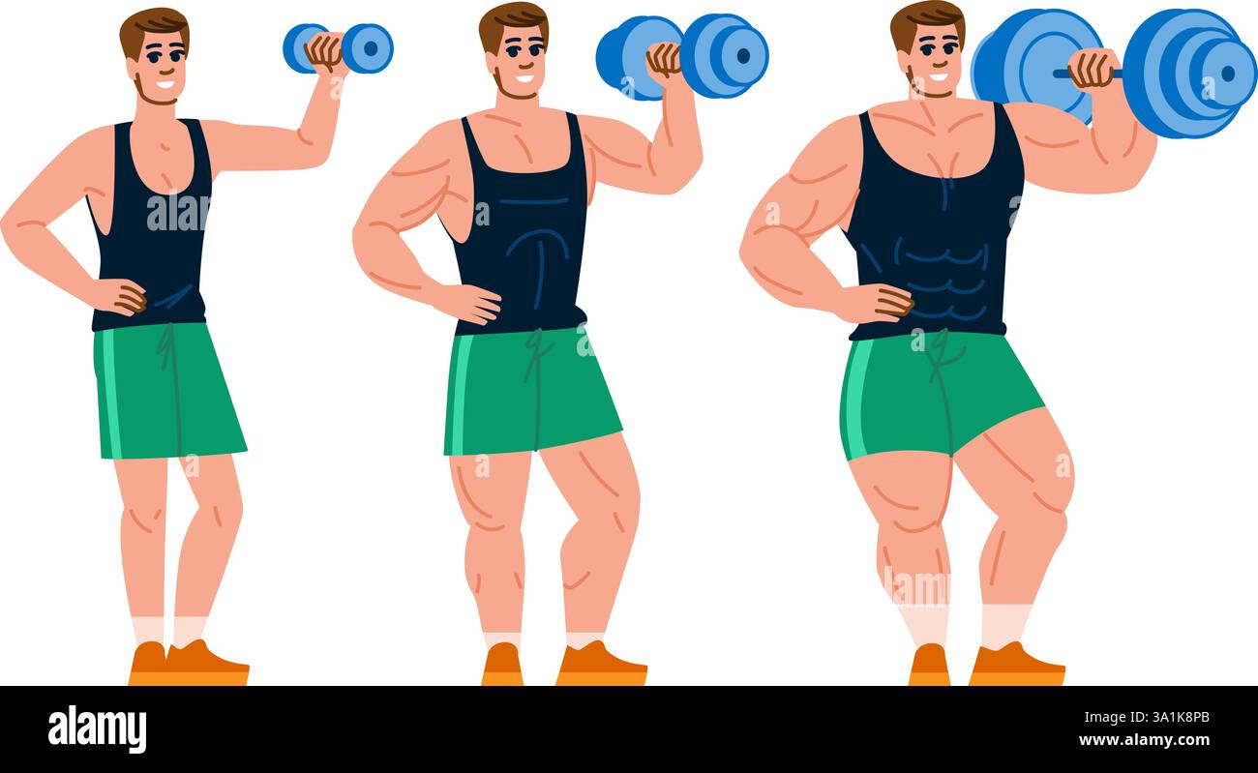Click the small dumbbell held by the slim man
tap(338, 47)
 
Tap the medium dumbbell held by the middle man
tap(681, 55)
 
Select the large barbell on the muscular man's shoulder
tap(1113, 71)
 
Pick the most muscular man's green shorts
tap(934, 392)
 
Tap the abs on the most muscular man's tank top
tap(943, 271)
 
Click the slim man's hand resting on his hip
tap(122, 296)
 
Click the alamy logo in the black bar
tap(97, 728)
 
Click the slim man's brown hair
tap(153, 26)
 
